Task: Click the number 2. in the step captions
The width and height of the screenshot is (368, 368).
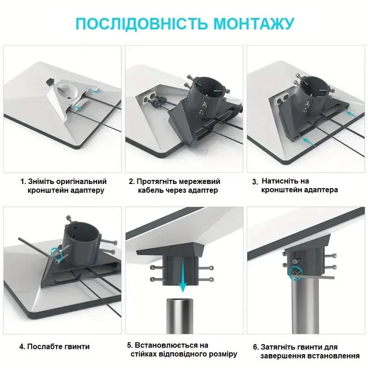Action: (132, 182)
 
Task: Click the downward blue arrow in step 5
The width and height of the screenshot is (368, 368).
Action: (183, 277)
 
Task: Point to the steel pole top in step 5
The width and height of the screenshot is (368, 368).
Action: (179, 301)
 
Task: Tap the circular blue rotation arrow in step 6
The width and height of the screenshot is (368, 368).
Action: (296, 273)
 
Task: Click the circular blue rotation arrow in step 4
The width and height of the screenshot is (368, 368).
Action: (58, 255)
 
